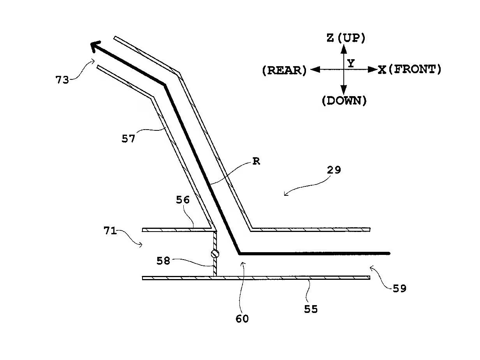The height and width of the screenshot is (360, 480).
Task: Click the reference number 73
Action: (x=62, y=80)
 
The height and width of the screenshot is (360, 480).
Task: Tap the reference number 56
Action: (x=183, y=200)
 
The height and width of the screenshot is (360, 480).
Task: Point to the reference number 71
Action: (x=110, y=231)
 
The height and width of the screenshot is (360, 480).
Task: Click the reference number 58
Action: (x=164, y=261)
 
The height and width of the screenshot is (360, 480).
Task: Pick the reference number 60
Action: (x=242, y=319)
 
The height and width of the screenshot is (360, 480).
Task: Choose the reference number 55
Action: (x=311, y=309)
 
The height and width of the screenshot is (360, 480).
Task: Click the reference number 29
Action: (x=334, y=170)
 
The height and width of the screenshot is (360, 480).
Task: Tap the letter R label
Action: (x=256, y=162)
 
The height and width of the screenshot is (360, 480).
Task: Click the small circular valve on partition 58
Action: (x=215, y=254)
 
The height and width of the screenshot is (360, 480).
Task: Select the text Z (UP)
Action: (x=346, y=38)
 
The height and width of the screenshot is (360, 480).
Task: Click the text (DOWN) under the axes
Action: (x=344, y=101)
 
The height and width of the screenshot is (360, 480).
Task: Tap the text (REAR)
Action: (x=284, y=70)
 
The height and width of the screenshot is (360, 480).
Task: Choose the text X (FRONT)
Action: (x=409, y=70)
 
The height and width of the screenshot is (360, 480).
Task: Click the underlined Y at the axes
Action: (x=351, y=63)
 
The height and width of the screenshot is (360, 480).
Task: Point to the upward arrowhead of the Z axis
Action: (x=343, y=48)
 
